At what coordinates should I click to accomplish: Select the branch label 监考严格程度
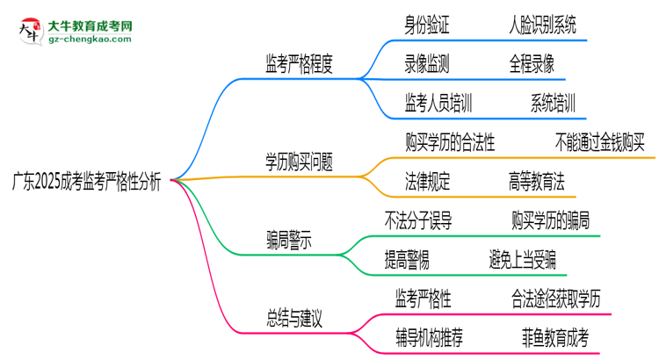(x=299, y=63)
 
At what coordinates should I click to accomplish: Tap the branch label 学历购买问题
(x=299, y=162)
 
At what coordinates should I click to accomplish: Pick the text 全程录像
(x=531, y=63)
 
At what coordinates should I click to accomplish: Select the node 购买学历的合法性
(x=450, y=142)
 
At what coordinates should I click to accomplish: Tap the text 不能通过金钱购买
(x=600, y=142)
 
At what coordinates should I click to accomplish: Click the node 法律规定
(x=428, y=181)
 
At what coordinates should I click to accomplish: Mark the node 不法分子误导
(x=418, y=220)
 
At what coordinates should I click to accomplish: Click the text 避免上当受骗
(x=522, y=259)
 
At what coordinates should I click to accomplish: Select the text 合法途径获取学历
(x=557, y=299)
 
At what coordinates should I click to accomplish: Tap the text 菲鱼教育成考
(x=554, y=336)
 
